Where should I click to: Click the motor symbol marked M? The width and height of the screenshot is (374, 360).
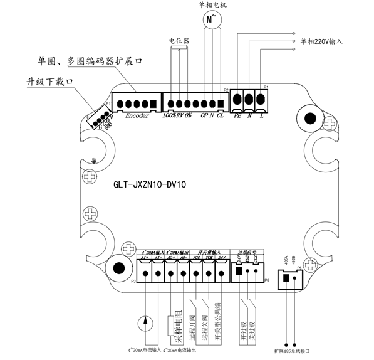pyautogui.click(x=210, y=20)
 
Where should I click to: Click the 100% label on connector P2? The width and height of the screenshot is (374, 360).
pyautogui.click(x=169, y=116)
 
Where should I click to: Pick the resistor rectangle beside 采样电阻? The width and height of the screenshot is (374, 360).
pyautogui.click(x=170, y=324)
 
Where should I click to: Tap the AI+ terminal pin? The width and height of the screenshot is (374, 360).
pyautogui.click(x=145, y=272)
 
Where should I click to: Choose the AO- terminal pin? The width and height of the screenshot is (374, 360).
pyautogui.click(x=182, y=272)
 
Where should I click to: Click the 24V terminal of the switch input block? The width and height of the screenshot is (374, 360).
pyautogui.click(x=222, y=272)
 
